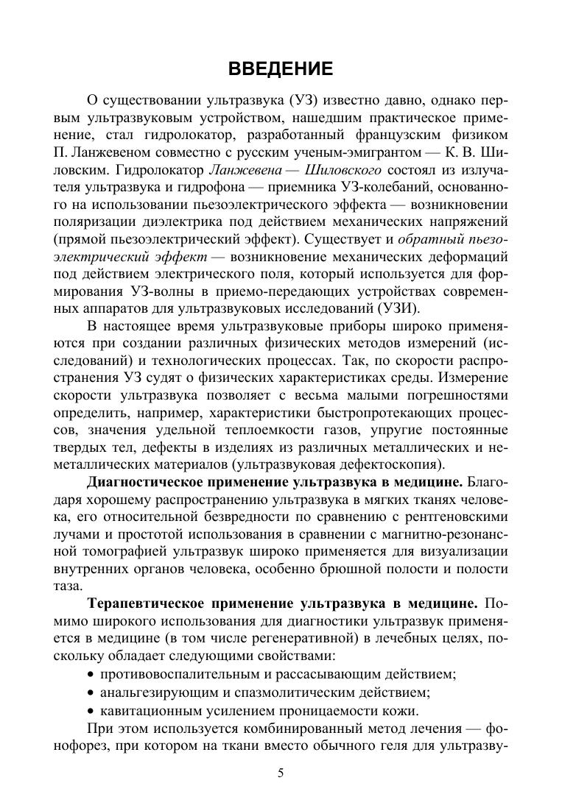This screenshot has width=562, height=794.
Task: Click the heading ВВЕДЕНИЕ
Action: [281, 69]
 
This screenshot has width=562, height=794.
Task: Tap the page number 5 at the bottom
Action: [281, 773]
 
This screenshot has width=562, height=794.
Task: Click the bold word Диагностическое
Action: [145, 482]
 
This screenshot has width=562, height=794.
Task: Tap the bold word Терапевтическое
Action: [147, 604]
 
